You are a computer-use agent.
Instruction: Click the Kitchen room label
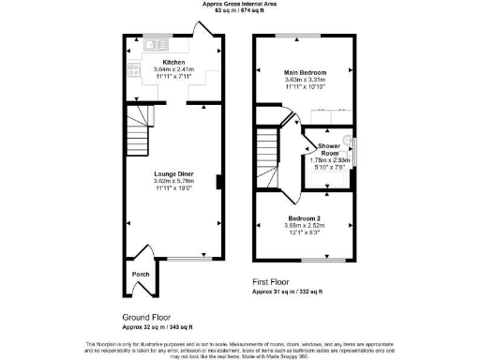coord(173,62)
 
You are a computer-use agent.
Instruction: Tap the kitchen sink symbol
coord(156,43)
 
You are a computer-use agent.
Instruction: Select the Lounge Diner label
coord(173,173)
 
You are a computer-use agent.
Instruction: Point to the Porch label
coord(141,275)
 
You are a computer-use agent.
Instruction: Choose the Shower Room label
coord(328,149)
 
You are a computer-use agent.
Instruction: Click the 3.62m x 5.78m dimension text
coord(173,182)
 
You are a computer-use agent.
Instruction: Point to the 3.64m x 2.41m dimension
coord(173,69)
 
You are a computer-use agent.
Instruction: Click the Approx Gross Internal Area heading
coord(239,4)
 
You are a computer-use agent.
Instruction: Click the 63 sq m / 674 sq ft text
coord(239,11)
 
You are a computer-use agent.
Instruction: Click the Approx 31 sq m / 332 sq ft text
coord(287,292)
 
